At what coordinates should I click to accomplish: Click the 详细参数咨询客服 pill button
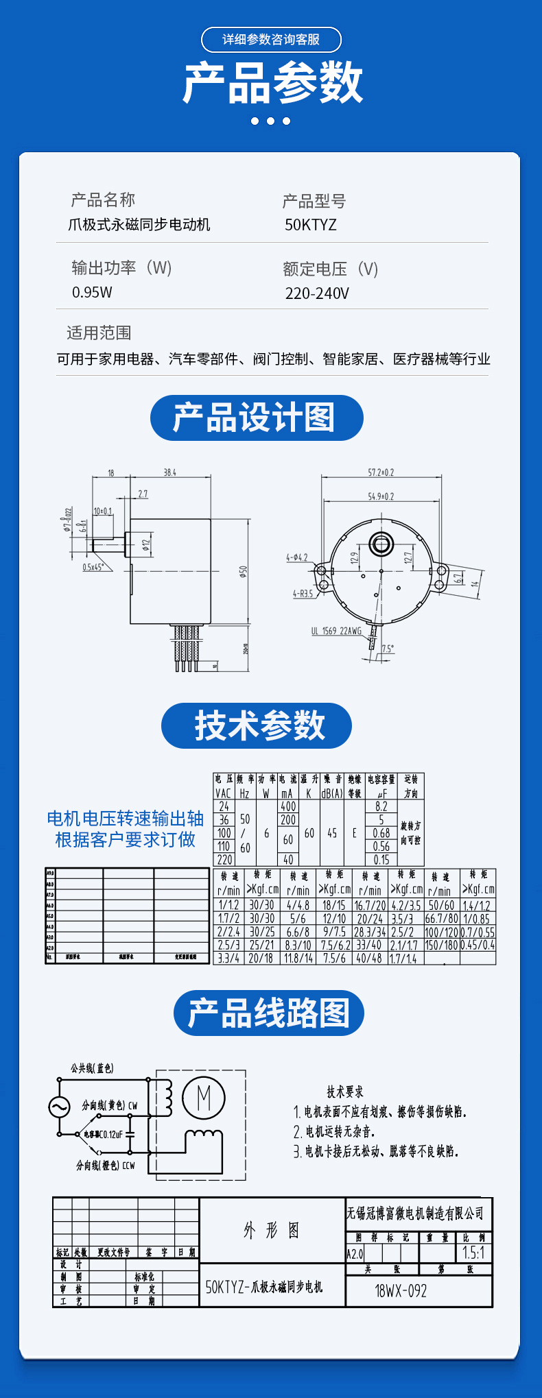click(271, 40)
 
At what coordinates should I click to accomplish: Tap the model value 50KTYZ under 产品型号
click(311, 225)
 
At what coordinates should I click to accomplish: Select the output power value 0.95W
click(92, 292)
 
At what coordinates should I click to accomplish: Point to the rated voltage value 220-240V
click(317, 293)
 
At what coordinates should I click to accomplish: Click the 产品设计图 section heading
click(256, 418)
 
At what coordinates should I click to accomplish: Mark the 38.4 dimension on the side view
click(169, 472)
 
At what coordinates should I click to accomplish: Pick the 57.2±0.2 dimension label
click(381, 472)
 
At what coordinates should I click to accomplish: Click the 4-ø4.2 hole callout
click(297, 557)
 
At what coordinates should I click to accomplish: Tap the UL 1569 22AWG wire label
click(336, 631)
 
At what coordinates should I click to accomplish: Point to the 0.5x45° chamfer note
click(93, 567)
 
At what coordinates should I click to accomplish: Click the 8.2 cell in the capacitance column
click(381, 807)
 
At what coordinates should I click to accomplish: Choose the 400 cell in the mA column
click(288, 807)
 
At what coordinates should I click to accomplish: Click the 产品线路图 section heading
click(268, 1013)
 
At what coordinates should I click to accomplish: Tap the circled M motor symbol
click(204, 1098)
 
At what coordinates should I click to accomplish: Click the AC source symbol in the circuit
click(58, 1107)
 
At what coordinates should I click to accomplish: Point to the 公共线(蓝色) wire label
click(92, 1068)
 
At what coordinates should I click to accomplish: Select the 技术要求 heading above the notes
click(345, 1092)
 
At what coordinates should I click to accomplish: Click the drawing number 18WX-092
click(401, 1291)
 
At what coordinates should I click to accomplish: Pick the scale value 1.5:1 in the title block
click(474, 1253)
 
